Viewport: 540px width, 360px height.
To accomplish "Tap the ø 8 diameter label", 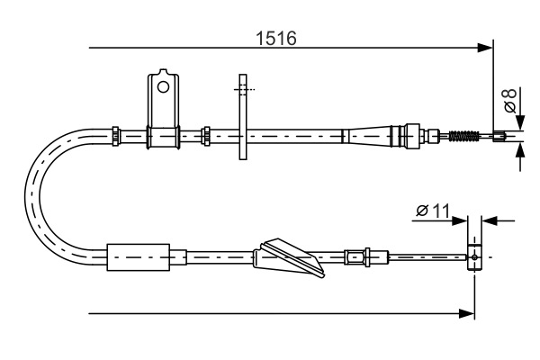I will click(510, 99).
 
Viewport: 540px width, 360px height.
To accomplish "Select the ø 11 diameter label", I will click(433, 211).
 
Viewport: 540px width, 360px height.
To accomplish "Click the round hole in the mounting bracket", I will click(163, 87).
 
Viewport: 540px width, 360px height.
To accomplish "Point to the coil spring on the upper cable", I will click(462, 137).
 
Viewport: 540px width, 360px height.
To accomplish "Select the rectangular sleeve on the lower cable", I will click(138, 256).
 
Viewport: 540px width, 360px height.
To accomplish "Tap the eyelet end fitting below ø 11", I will click(475, 256).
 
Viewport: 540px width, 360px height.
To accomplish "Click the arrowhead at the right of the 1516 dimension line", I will click(487, 47).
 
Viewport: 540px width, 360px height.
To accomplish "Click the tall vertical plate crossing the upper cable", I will click(241, 117).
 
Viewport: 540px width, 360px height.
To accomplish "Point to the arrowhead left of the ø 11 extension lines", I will click(461, 219).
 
